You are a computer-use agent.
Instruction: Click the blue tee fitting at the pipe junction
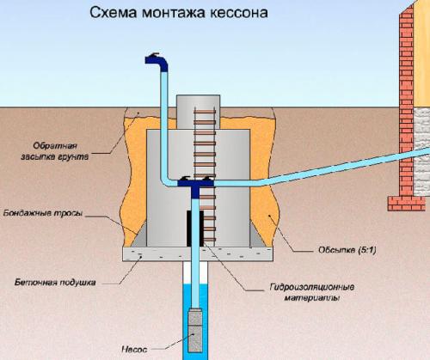click(194, 182)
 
